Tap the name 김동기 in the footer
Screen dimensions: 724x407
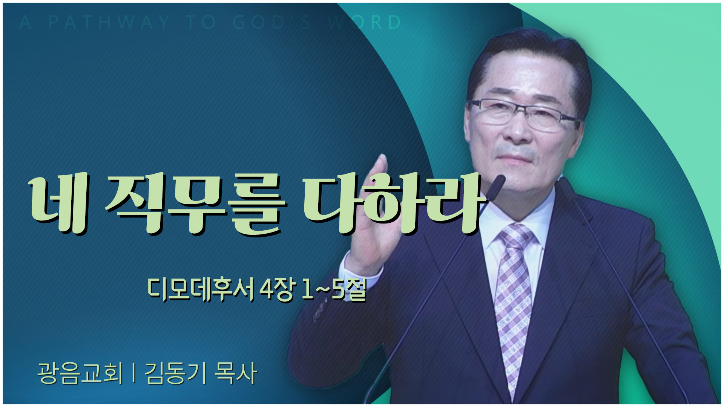coord(176,373)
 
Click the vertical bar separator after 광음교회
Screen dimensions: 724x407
coord(134,373)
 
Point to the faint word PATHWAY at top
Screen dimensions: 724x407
coord(109,22)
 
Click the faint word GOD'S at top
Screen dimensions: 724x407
coord(272,22)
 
